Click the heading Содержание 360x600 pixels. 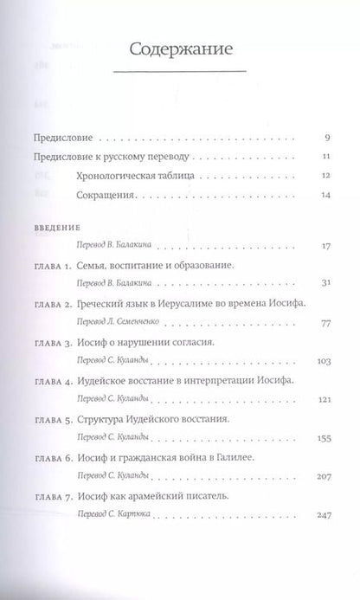180,49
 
